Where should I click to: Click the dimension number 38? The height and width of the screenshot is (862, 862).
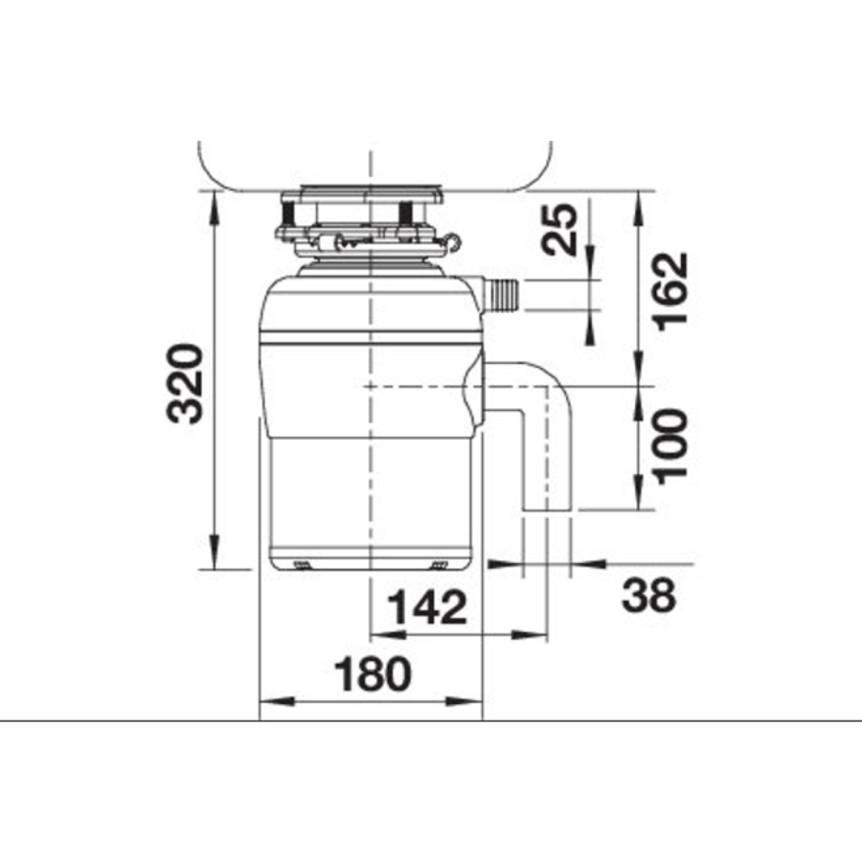(x=648, y=596)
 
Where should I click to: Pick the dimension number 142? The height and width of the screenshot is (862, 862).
(x=429, y=608)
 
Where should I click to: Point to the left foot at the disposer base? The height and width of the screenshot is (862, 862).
(x=301, y=563)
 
